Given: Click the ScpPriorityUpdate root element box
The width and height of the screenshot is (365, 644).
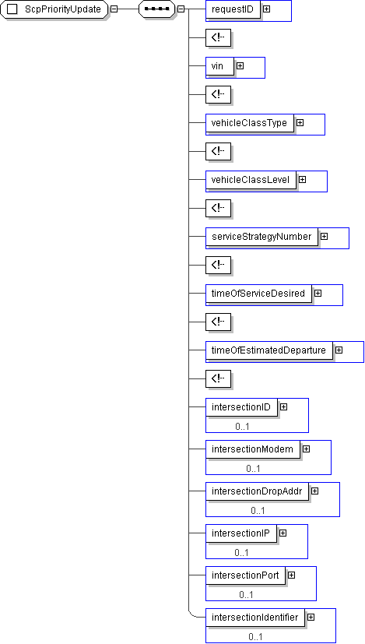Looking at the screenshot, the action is click(54, 9).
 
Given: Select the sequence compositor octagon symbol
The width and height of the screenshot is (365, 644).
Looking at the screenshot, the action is click(157, 9).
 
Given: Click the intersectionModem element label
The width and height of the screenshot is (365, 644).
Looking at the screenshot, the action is click(253, 449).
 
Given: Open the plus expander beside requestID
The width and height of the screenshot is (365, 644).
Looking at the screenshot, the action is click(266, 9).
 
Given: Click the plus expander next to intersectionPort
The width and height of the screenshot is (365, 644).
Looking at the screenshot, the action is click(292, 575).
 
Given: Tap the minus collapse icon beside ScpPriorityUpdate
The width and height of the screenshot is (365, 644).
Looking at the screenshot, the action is click(114, 9).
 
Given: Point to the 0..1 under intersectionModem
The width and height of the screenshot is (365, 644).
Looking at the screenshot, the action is click(254, 469).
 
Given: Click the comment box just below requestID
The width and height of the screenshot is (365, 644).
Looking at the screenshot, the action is click(218, 38).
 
